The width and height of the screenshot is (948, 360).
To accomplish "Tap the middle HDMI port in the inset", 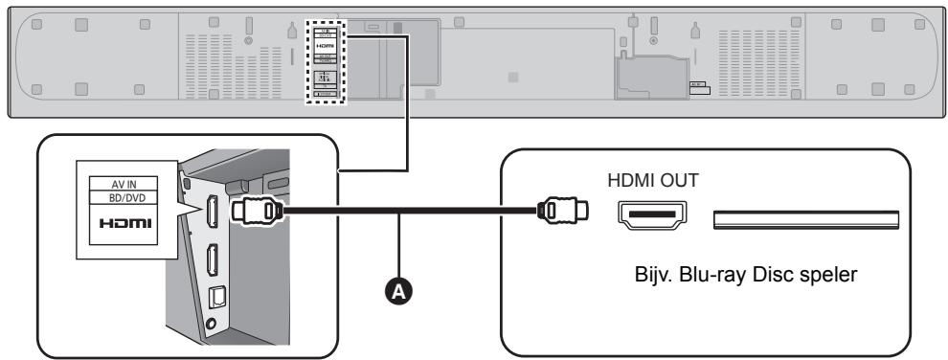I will pyautogui.click(x=213, y=261).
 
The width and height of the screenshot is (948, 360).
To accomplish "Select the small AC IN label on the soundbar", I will pyautogui.click(x=697, y=84).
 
